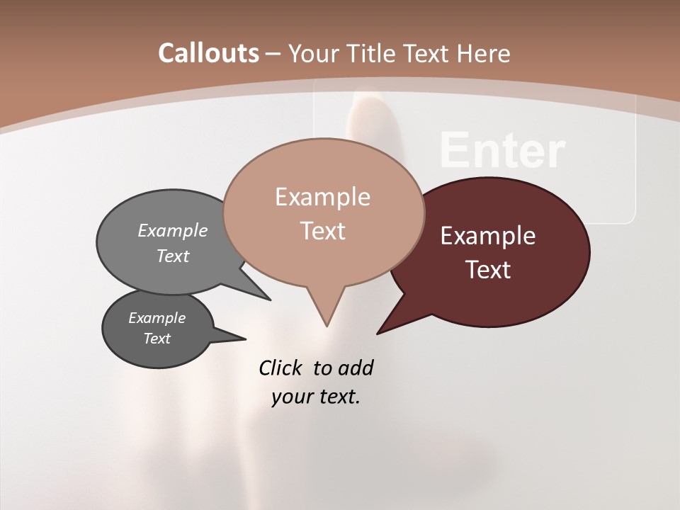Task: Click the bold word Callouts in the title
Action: tap(208, 53)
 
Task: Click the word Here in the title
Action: tap(484, 53)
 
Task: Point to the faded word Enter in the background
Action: tap(502, 151)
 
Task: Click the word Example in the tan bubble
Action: tap(322, 197)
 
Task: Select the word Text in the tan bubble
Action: tap(322, 231)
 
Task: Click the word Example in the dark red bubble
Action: tap(488, 236)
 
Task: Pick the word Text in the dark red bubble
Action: tap(488, 270)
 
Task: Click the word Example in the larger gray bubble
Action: tap(173, 231)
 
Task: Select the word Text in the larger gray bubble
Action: tap(173, 256)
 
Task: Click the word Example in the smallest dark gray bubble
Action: tap(157, 318)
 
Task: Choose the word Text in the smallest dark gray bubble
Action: tap(157, 339)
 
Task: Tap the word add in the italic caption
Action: tap(356, 368)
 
